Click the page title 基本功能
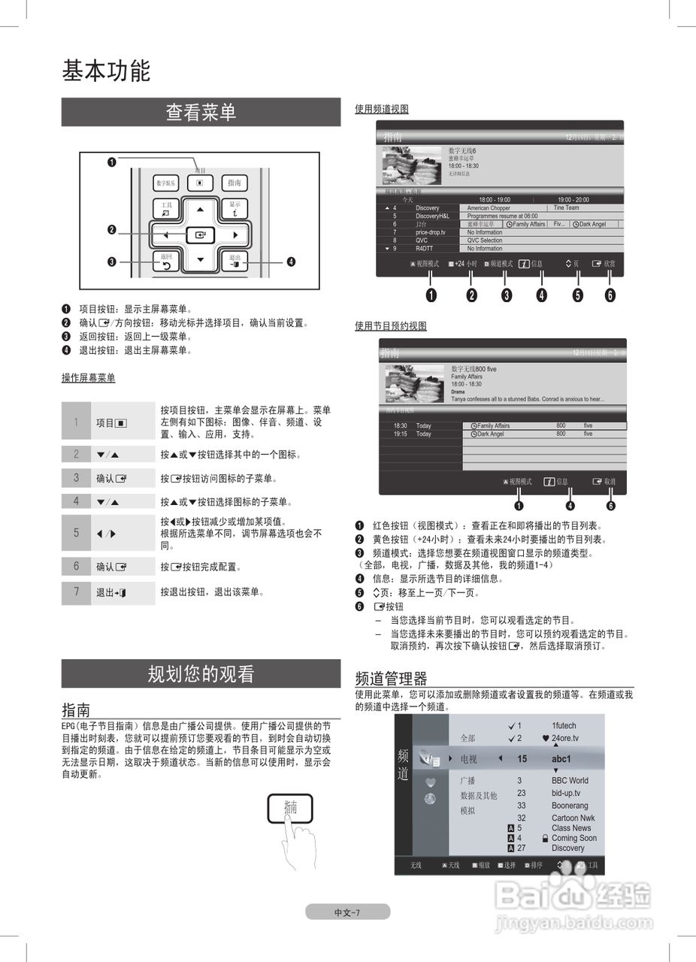point(106,71)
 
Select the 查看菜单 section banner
point(201,113)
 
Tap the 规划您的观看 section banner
point(201,674)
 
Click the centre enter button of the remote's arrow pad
point(200,235)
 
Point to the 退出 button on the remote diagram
point(235,262)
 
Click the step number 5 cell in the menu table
point(76,533)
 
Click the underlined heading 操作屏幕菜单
point(89,378)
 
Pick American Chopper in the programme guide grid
point(489,208)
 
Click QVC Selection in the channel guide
point(484,240)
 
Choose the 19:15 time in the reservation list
point(401,434)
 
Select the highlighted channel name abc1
point(561,759)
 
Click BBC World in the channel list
point(570,781)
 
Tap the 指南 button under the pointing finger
point(290,808)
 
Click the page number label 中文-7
point(347,912)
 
